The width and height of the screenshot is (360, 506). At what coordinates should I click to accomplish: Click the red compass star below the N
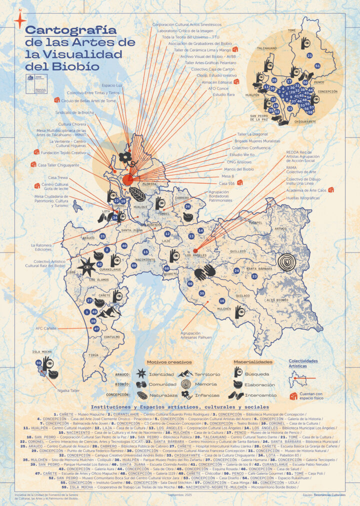pyautogui.click(x=20, y=20)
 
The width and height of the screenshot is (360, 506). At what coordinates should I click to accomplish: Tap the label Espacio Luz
pyautogui.click(x=112, y=85)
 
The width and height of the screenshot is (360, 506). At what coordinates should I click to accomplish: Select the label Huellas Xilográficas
pyautogui.click(x=302, y=198)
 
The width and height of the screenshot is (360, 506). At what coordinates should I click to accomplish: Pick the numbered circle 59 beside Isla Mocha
pyautogui.click(x=38, y=362)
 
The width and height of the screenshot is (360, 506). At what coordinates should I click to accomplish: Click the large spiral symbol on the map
pyautogui.click(x=287, y=261)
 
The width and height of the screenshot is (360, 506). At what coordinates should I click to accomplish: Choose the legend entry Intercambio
pyautogui.click(x=259, y=395)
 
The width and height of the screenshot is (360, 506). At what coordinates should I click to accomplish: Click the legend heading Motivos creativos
pyautogui.click(x=168, y=362)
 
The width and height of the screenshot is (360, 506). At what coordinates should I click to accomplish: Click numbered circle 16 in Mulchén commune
pyautogui.click(x=222, y=301)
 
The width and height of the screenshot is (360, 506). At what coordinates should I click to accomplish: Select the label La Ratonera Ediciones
pyautogui.click(x=43, y=247)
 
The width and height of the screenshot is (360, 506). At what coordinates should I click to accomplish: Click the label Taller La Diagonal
pyautogui.click(x=250, y=134)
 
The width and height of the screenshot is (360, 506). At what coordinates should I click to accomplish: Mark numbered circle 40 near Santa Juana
pyautogui.click(x=124, y=245)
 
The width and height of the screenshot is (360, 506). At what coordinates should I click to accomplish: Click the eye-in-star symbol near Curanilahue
pyautogui.click(x=87, y=268)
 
